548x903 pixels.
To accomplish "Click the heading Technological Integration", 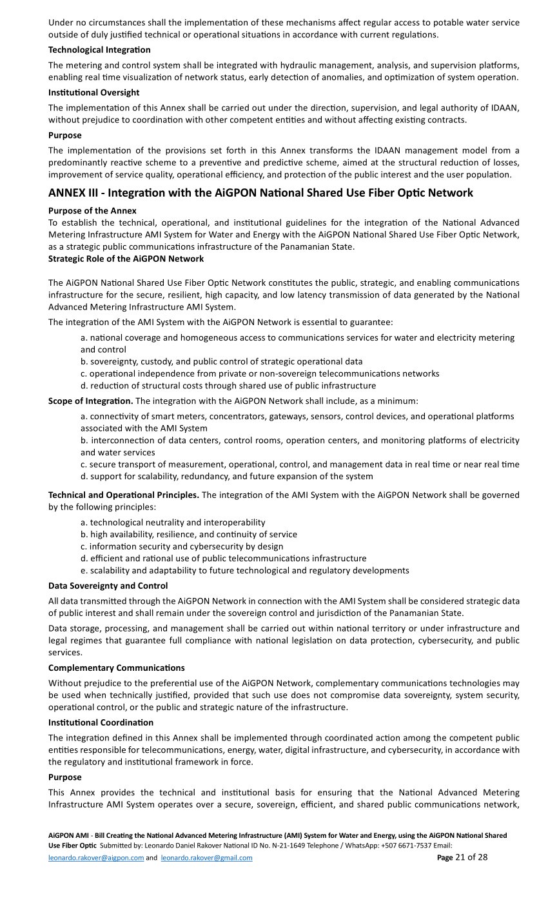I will click(99, 50).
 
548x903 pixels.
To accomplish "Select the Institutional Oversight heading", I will click(93, 93).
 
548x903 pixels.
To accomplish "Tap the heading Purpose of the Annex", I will click(92, 210).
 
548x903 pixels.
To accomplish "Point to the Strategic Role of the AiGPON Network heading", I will click(126, 259).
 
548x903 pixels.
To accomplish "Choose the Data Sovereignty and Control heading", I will click(108, 586).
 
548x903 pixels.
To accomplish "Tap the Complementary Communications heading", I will click(116, 668).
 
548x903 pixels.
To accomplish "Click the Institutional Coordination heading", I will click(101, 722).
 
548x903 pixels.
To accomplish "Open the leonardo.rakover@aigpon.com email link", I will click(96, 858).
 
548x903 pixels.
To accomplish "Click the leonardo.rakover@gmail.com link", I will click(206, 858).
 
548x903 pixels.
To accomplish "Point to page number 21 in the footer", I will click(460, 857).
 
